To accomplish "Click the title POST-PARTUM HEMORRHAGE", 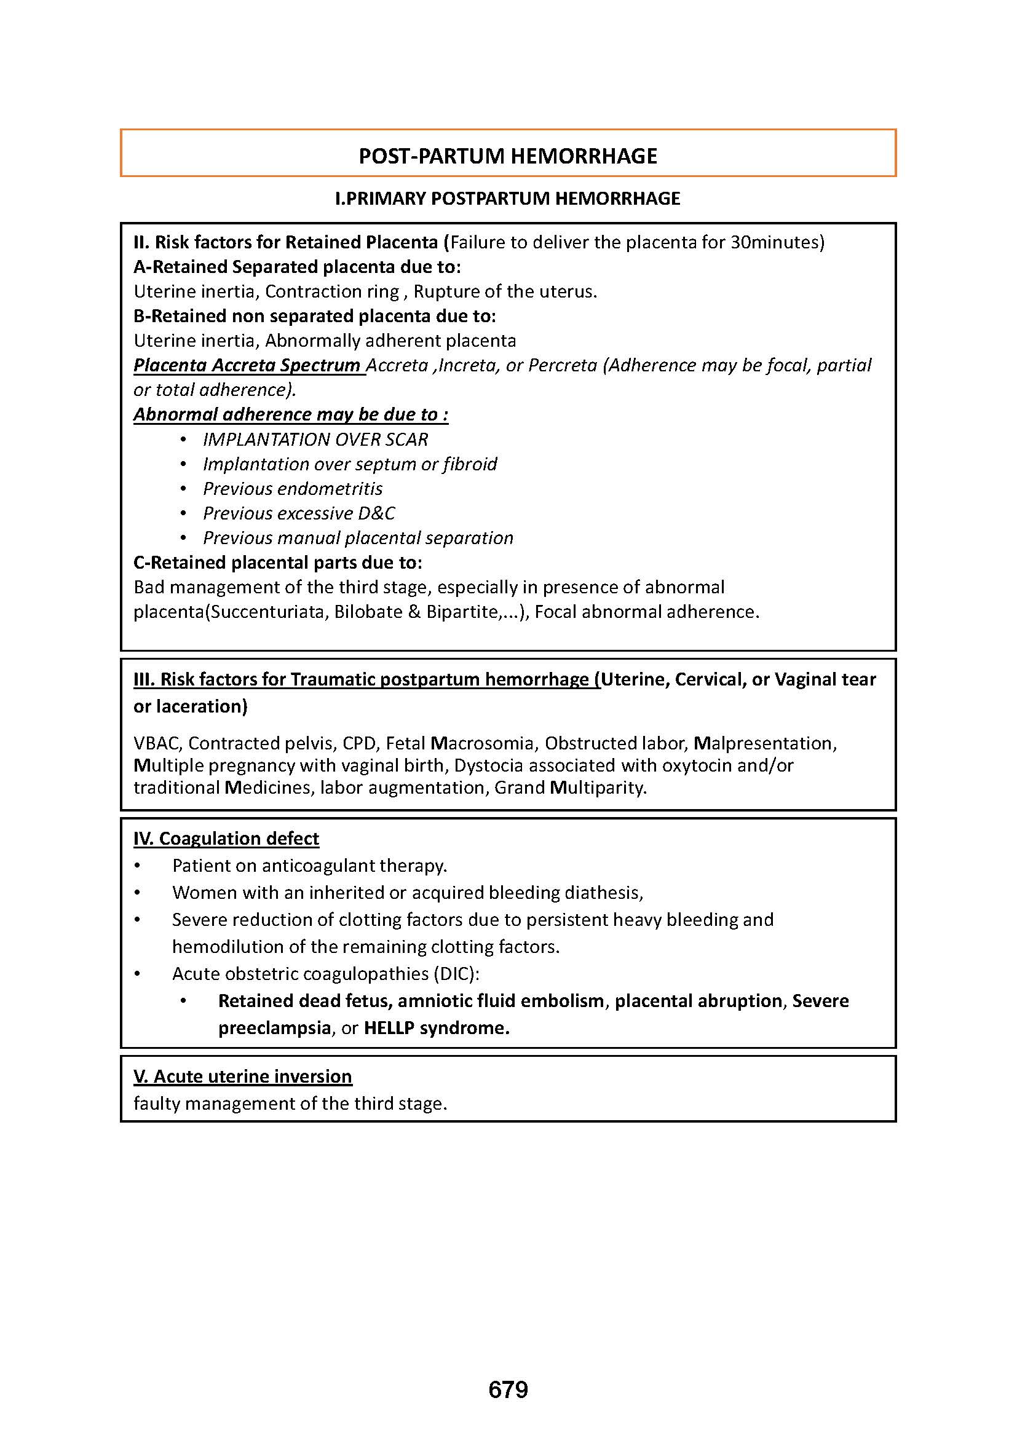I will pos(508,156).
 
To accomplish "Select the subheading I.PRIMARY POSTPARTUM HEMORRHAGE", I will pos(508,199).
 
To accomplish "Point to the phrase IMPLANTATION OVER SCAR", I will pos(315,440).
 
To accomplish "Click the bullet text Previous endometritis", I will pos(293,489).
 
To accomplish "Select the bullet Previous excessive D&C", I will pos(299,513).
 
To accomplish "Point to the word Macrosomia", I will pos(483,743).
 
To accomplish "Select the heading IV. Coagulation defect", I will pos(226,839).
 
